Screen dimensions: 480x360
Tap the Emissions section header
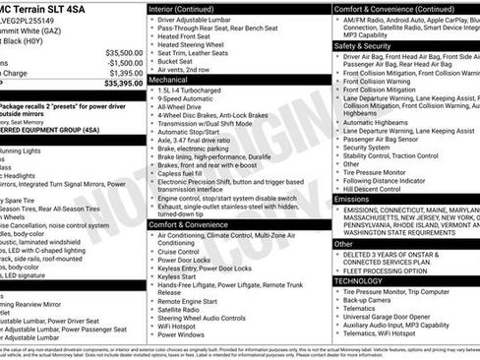(352, 199)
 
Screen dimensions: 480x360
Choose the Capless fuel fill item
(185, 172)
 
